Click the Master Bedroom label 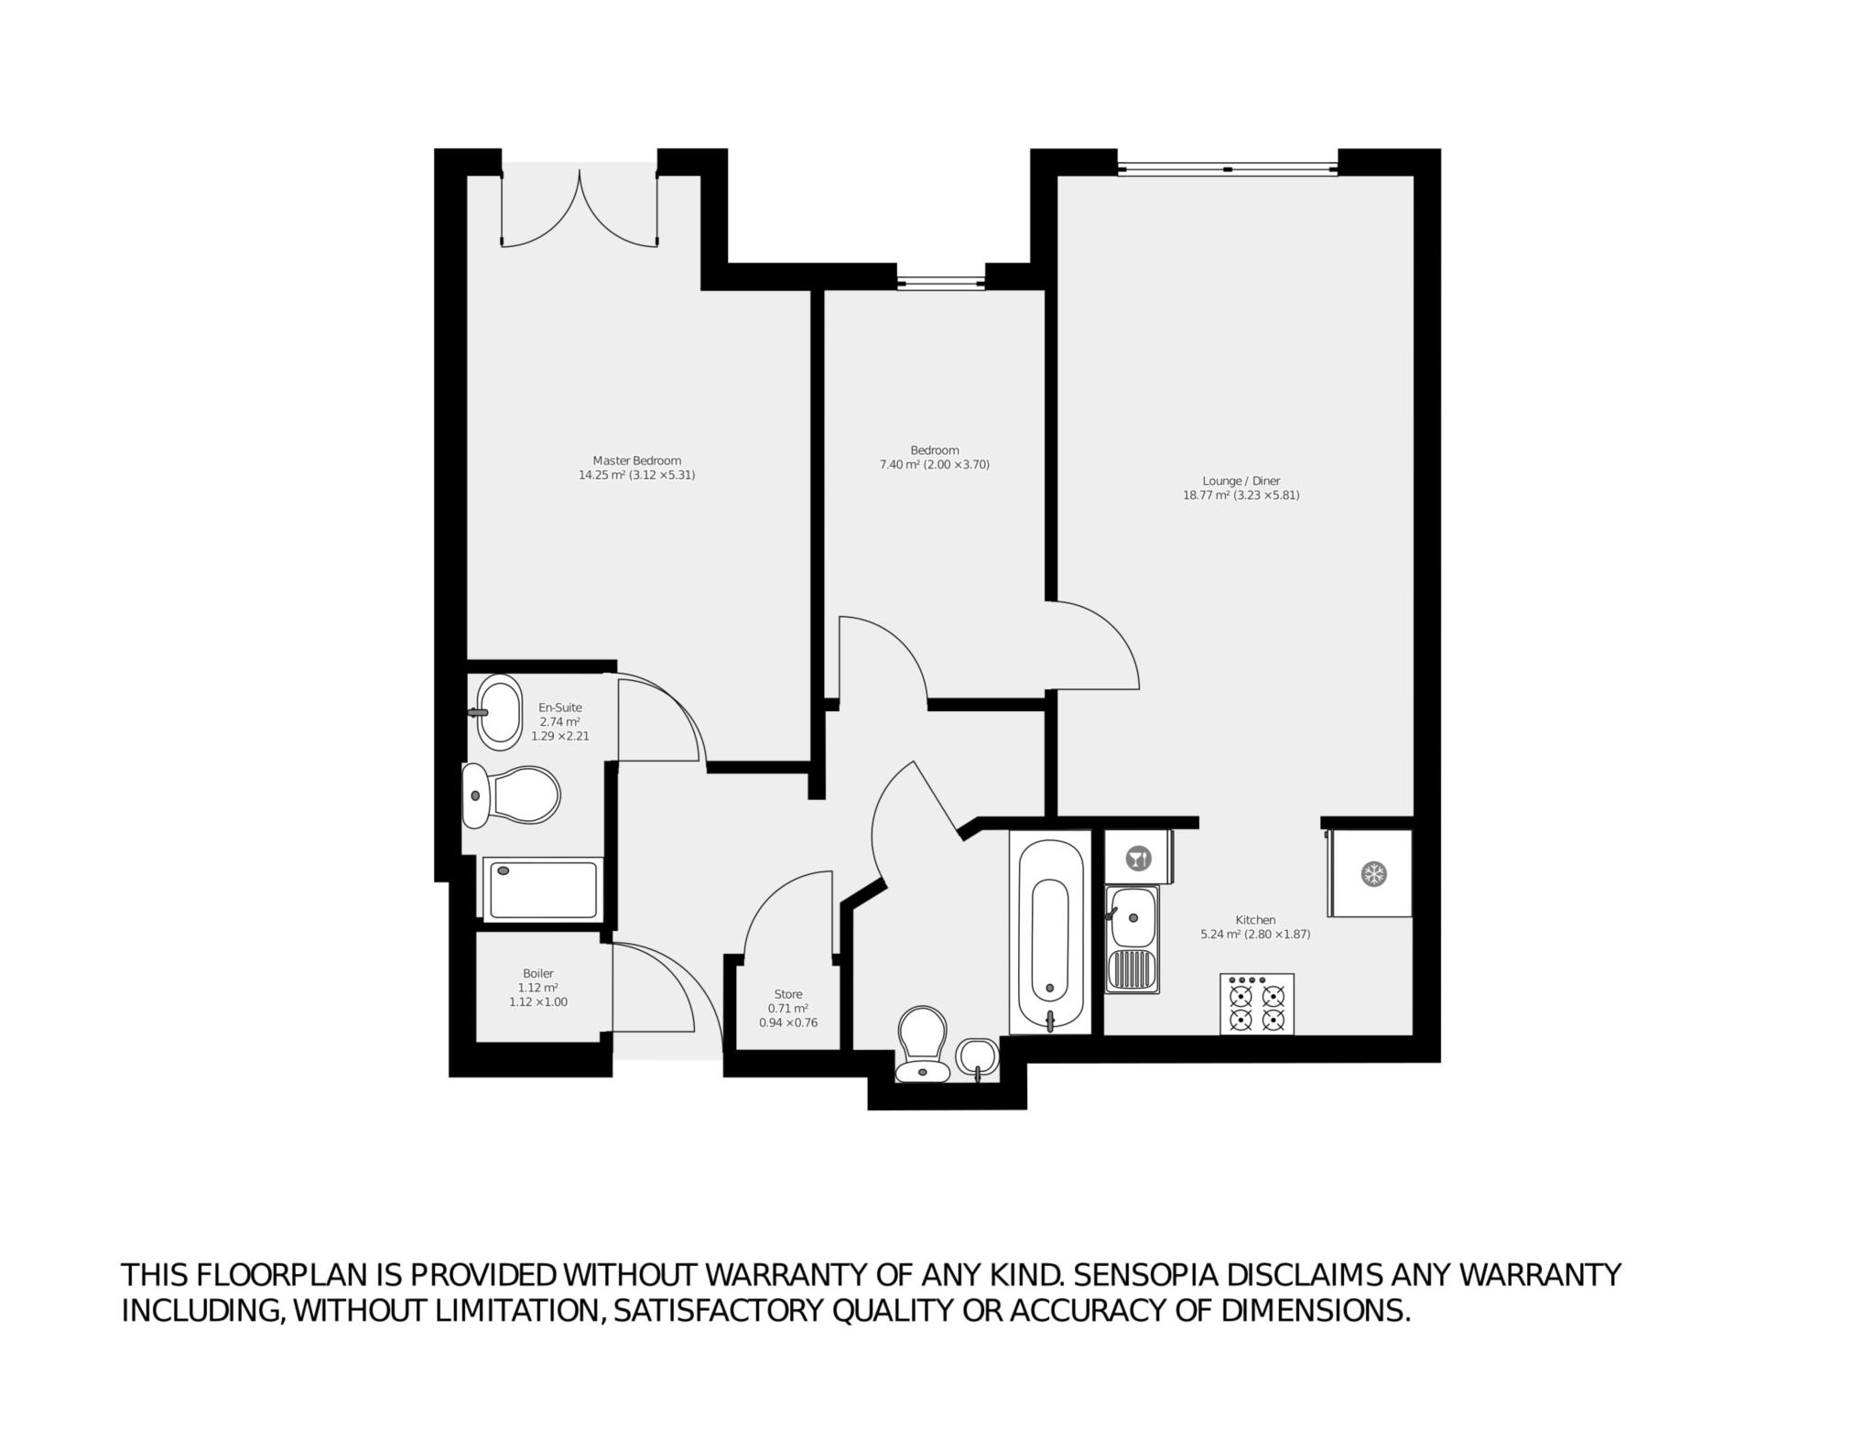pos(636,460)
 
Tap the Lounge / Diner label pos(1241,481)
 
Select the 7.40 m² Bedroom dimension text pos(934,464)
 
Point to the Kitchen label pos(1255,920)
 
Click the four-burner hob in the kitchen pos(1256,1004)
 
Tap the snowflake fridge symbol pos(1372,873)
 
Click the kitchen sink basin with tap pos(1132,917)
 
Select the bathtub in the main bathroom pos(1050,932)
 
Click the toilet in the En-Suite pos(510,795)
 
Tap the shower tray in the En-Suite pos(542,888)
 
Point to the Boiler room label pos(538,973)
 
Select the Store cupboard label pos(788,994)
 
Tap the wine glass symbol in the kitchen pos(1138,859)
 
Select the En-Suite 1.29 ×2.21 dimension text pos(560,736)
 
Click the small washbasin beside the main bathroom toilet pos(977,1058)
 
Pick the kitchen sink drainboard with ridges pos(1132,971)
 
